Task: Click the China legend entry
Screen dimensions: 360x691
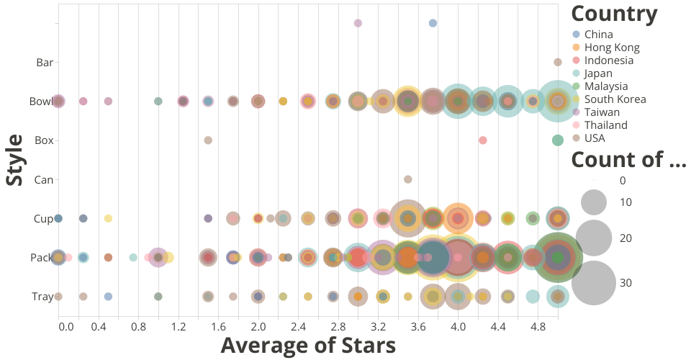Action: click(x=598, y=35)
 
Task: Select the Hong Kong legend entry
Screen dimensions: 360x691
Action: click(x=612, y=48)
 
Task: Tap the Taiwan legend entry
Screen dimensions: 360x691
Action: click(x=604, y=112)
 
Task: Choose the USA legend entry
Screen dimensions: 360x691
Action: click(x=595, y=138)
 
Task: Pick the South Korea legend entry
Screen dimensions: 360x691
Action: click(x=615, y=99)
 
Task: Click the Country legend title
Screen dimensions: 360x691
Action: click(x=613, y=14)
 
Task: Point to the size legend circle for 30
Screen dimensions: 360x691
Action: click(x=594, y=283)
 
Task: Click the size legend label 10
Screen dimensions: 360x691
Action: click(x=625, y=202)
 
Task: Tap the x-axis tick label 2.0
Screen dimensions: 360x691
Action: click(x=258, y=327)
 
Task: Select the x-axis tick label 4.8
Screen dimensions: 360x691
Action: click(x=538, y=327)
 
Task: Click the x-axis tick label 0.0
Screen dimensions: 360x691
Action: click(x=66, y=327)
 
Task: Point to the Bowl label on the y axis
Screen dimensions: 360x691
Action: click(x=41, y=101)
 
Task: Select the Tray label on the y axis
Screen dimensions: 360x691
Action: click(x=42, y=297)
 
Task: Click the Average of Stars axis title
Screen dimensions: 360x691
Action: click(x=308, y=346)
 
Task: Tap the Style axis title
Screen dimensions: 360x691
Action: click(x=14, y=159)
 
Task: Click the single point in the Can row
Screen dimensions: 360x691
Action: click(x=407, y=179)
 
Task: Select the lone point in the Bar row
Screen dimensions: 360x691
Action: click(x=557, y=62)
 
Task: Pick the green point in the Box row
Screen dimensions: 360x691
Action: click(x=557, y=140)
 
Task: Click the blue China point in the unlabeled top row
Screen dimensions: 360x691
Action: click(x=433, y=23)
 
